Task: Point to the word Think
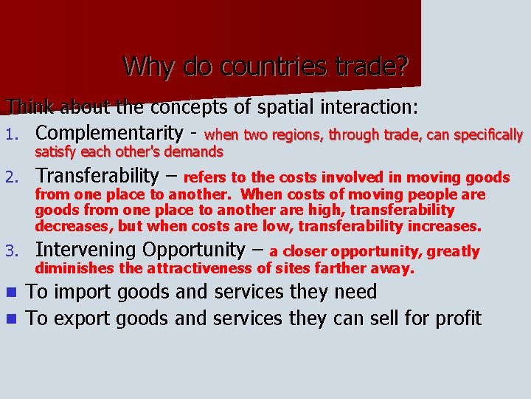point(31,108)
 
